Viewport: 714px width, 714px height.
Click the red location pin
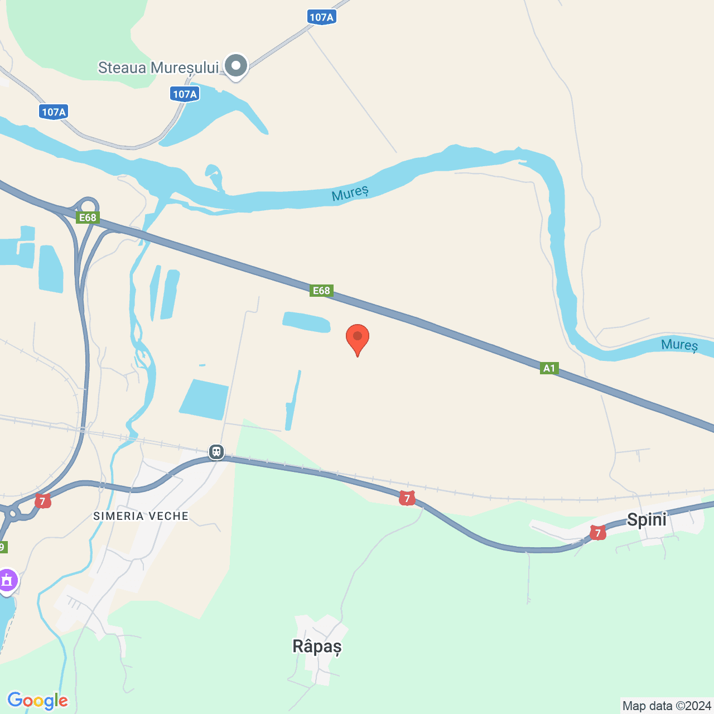tap(358, 338)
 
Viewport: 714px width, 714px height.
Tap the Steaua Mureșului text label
tap(158, 68)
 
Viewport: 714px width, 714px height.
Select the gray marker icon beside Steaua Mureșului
tap(236, 66)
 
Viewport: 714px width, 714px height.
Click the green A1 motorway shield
tap(549, 368)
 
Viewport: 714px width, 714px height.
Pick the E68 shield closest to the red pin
tap(321, 290)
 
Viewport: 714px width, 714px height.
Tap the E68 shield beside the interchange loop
tap(88, 218)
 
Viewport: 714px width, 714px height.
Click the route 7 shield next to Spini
tap(597, 533)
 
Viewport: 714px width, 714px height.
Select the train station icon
tap(216, 451)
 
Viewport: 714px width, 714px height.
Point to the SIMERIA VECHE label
tap(141, 516)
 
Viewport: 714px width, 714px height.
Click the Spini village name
tap(647, 520)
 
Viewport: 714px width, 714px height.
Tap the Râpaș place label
tap(317, 647)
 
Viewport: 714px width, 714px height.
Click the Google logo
tap(38, 701)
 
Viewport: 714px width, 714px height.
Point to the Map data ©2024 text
tap(667, 706)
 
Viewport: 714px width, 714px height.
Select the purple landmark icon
tap(7, 581)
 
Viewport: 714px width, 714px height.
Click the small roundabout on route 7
tap(12, 512)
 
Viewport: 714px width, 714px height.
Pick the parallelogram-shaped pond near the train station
tap(204, 399)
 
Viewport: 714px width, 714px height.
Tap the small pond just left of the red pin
tap(306, 322)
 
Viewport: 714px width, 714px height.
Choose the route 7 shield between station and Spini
tap(407, 499)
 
